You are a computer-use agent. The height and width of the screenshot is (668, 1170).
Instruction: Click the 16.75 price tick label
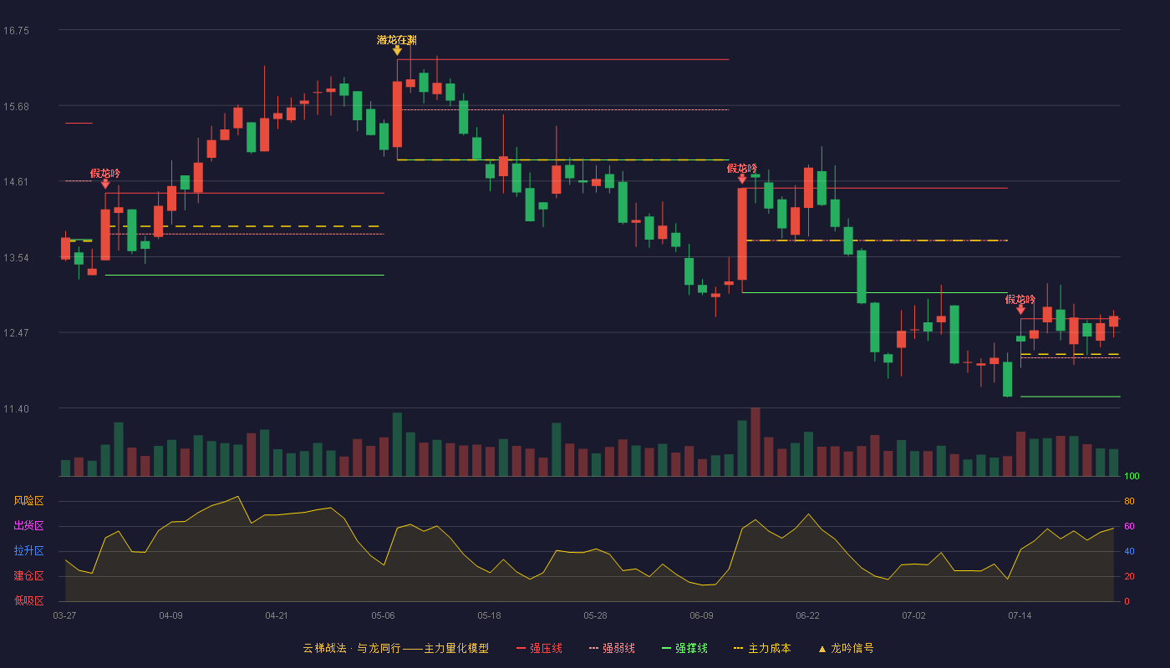pos(16,31)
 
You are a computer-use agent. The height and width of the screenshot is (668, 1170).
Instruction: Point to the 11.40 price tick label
pos(16,408)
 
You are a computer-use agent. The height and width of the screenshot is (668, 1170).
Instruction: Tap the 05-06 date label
pos(383,616)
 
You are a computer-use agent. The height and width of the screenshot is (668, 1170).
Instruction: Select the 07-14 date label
pos(1020,616)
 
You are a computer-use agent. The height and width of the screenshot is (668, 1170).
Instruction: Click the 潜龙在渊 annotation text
pos(397,40)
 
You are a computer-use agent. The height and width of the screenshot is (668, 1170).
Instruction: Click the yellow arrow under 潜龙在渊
pos(397,51)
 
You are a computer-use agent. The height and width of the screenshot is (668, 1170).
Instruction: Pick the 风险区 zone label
pos(28,501)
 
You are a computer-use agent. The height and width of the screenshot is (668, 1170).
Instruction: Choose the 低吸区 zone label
pos(28,601)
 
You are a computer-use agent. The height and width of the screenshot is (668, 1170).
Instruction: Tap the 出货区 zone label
pos(28,525)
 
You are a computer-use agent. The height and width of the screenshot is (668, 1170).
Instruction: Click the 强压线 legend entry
pos(539,648)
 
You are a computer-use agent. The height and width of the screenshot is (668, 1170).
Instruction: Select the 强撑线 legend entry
pos(684,648)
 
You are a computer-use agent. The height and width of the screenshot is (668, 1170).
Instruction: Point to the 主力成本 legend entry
pos(762,648)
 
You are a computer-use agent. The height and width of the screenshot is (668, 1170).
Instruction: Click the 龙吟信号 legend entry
pos(846,648)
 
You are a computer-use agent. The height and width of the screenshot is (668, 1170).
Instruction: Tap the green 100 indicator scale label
pos(1132,476)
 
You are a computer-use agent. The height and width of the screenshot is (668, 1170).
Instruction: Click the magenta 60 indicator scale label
pos(1129,526)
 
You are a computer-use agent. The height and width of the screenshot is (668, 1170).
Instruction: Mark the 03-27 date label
pos(65,616)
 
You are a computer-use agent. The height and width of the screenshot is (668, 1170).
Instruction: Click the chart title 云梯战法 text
pos(325,648)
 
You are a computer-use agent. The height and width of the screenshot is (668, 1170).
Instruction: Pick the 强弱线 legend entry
pos(612,648)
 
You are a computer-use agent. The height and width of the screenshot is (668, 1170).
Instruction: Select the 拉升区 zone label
pos(28,550)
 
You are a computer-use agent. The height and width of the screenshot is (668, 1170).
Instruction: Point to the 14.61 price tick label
pos(16,182)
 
